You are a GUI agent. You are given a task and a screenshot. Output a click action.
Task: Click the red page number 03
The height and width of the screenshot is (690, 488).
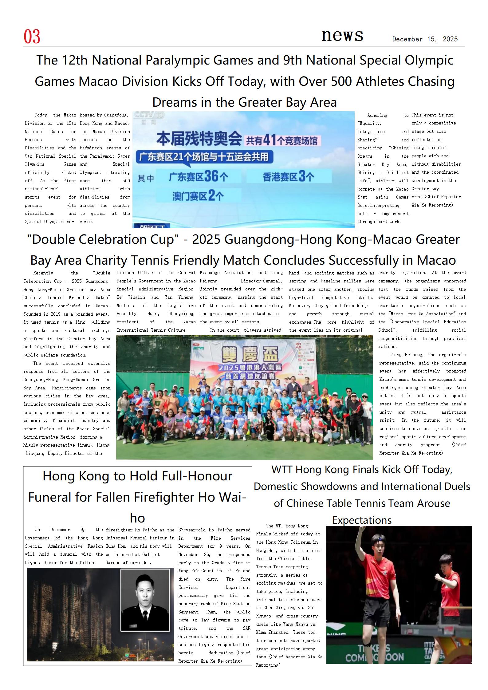(32, 37)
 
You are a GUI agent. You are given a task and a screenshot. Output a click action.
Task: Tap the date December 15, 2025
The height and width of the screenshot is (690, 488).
(425, 39)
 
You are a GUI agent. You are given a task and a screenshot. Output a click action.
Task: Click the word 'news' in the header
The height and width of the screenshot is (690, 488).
(342, 35)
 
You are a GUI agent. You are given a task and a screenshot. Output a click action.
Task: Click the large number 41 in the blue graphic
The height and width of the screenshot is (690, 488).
(270, 140)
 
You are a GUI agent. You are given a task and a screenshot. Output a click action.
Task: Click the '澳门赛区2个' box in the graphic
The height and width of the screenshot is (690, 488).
(198, 196)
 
